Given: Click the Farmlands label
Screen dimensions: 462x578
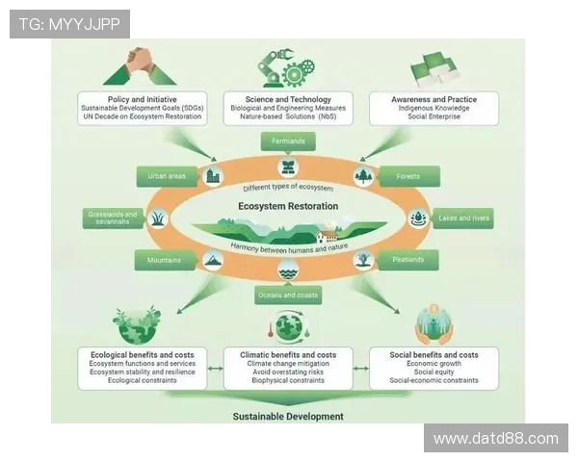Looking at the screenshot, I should [x=289, y=141].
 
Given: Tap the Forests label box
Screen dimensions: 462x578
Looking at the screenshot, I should [x=407, y=176].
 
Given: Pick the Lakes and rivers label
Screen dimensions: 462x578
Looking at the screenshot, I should [x=463, y=218].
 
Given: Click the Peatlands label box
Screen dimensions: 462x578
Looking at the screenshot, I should [x=407, y=260].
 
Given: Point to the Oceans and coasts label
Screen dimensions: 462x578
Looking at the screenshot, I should [x=288, y=295].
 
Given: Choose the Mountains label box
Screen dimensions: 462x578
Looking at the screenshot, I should [x=165, y=260].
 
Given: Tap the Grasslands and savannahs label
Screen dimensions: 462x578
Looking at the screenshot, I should [x=113, y=218].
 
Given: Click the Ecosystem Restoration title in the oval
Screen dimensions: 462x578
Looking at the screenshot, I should [x=288, y=206].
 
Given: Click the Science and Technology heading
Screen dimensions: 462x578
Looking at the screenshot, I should [x=289, y=99].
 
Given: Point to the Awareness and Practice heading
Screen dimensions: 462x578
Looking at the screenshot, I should [x=433, y=99].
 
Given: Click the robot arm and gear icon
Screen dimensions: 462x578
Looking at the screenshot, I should [x=285, y=66].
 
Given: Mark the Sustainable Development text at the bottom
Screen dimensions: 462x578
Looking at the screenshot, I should [x=287, y=417].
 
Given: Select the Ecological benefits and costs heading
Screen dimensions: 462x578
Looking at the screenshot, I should [x=142, y=355].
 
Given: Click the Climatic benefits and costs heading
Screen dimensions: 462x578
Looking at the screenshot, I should [x=288, y=355].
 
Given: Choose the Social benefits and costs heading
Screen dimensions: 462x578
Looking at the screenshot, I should [x=433, y=355].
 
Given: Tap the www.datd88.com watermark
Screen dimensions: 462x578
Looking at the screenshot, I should [x=495, y=439].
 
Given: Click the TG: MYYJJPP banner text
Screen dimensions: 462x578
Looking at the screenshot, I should [x=69, y=24].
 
